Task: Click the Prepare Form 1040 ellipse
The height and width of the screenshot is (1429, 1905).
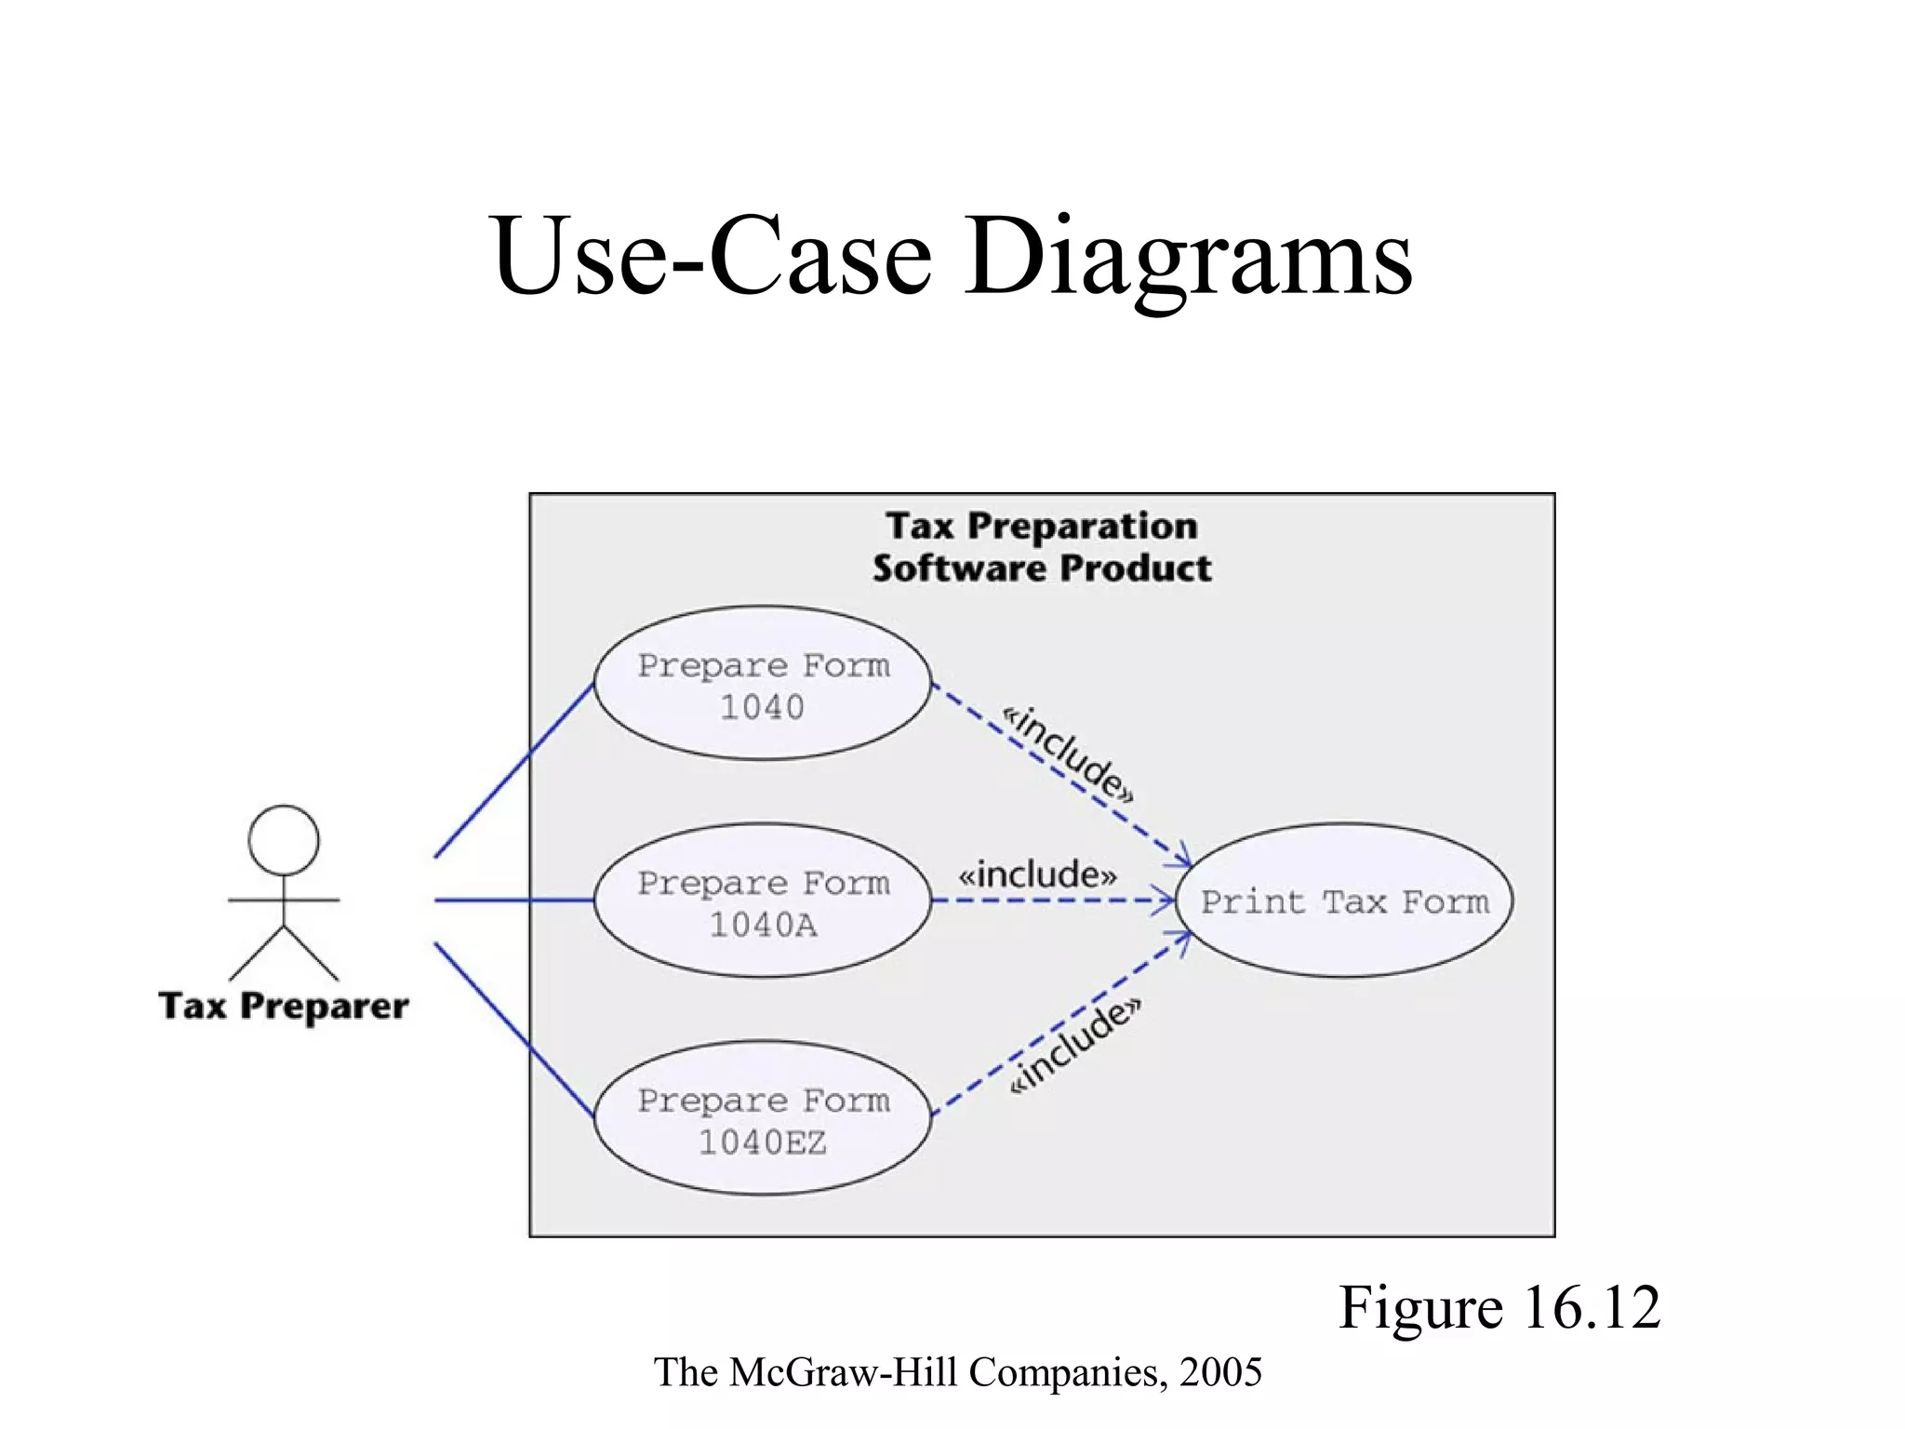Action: [762, 684]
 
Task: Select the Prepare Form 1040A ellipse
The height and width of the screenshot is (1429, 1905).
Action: [762, 901]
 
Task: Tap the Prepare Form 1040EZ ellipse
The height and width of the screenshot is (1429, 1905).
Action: [762, 1118]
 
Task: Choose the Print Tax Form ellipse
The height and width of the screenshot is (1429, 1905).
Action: [1344, 901]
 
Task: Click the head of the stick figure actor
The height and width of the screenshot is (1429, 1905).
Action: [284, 840]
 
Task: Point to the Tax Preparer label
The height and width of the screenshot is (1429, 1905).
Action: [284, 1007]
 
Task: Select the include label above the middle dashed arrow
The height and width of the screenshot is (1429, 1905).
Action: [1038, 875]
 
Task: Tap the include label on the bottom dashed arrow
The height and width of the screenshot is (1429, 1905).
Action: [1075, 1047]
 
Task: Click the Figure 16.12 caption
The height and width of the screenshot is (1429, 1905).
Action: [1499, 1307]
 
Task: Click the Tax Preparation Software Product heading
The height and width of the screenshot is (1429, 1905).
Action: [1042, 547]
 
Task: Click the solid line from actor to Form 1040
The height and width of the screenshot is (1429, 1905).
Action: [513, 770]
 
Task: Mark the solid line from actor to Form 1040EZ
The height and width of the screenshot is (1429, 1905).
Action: [513, 1030]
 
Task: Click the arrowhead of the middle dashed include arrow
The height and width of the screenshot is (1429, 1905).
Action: [1166, 901]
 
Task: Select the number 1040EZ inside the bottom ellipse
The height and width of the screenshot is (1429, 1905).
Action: [762, 1142]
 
